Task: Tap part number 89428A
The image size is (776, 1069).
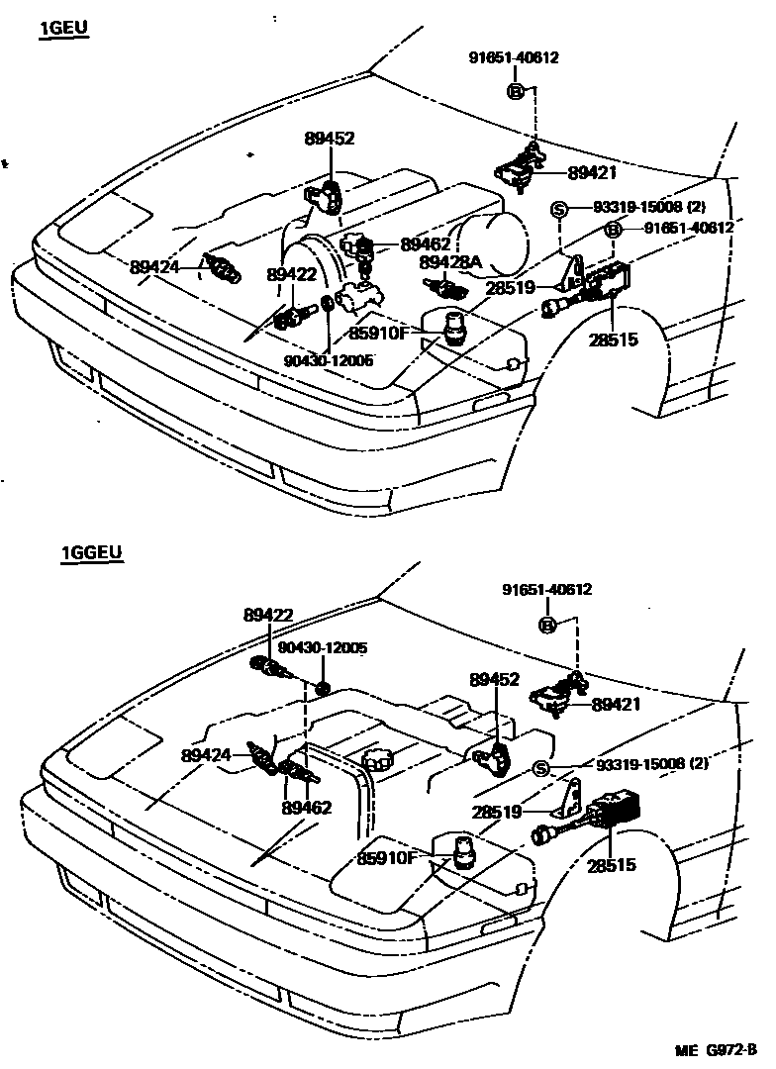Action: (449, 262)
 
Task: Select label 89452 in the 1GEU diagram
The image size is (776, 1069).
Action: (329, 140)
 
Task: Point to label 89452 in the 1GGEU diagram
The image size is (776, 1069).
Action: (494, 680)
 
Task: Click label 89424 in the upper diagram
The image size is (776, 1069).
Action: (153, 266)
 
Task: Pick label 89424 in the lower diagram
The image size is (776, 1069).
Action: (206, 755)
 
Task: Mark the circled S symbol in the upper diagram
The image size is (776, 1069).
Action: (558, 209)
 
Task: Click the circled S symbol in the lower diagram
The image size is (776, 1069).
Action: (541, 770)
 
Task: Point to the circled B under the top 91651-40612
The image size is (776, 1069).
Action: (515, 91)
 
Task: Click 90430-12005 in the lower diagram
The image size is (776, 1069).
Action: (323, 648)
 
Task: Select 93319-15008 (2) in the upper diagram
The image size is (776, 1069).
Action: (649, 209)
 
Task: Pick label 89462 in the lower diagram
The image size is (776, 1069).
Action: (306, 807)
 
